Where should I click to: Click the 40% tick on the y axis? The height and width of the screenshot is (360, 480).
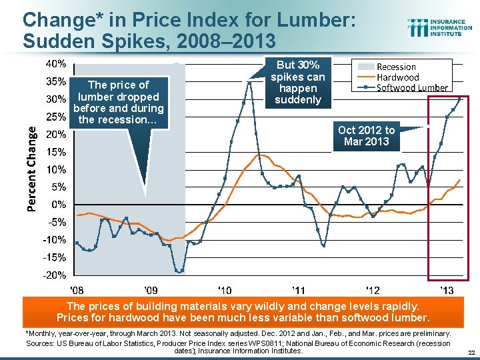pos(55,65)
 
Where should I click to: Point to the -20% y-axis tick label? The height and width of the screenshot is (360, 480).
pos(54,275)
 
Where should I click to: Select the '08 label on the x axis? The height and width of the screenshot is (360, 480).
pos(77,290)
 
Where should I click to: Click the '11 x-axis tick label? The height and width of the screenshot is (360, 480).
pos(299,290)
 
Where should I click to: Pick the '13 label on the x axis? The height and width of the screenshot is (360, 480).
pos(447,290)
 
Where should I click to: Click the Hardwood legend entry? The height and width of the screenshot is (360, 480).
pos(398,77)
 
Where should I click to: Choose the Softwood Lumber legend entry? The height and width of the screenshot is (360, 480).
pos(412,87)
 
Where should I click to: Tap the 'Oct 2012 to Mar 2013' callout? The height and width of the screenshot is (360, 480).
pos(366,135)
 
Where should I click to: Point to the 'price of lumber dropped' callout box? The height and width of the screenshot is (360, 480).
pos(118,102)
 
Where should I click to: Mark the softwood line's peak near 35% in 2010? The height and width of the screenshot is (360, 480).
pos(250,82)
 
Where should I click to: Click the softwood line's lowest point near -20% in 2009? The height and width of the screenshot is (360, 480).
pos(179,271)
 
